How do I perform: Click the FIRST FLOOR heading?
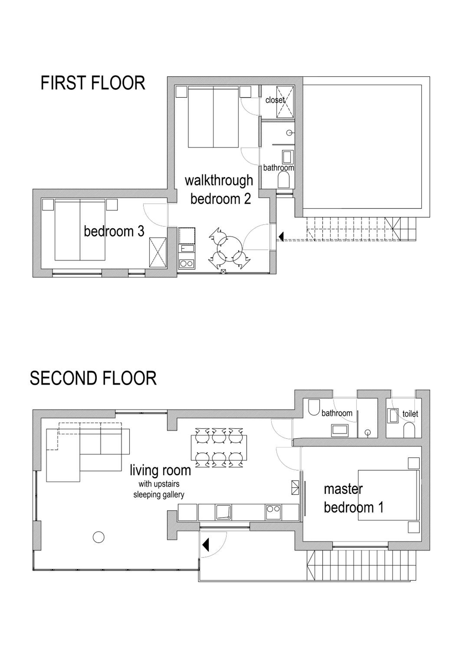point(93,83)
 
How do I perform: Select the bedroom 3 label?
point(114,231)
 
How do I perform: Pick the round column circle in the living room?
point(99,537)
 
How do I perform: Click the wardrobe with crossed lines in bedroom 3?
point(158,252)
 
